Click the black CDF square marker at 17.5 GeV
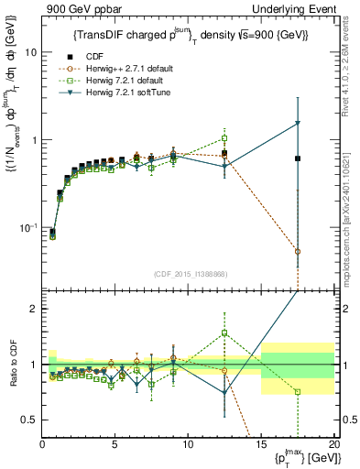[x=298, y=158]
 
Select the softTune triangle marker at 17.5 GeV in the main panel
[x=298, y=124]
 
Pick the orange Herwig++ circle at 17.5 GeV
[x=298, y=251]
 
